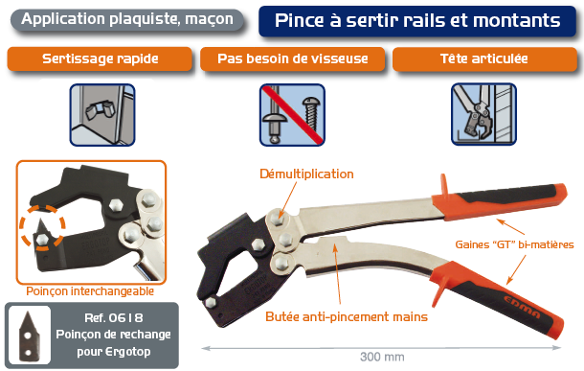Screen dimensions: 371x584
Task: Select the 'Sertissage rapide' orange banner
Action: pos(101,59)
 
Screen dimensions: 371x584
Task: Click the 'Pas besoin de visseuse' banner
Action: pos(292,59)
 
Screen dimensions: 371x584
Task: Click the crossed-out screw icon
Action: pos(292,114)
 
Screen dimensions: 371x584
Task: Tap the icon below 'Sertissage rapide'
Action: pos(101,114)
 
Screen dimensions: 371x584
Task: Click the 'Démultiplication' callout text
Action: pos(306,174)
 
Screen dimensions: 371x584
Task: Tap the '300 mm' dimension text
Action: pos(380,357)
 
